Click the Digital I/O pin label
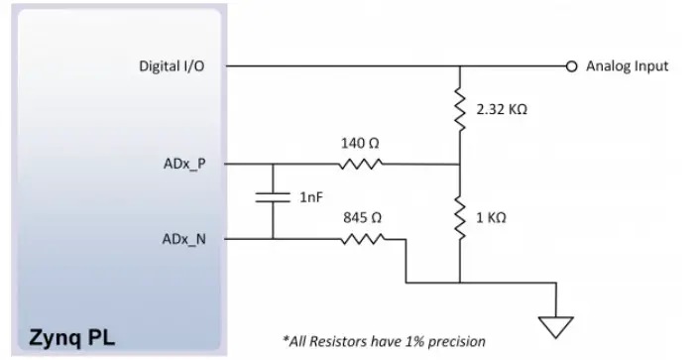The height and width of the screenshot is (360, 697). coord(174,66)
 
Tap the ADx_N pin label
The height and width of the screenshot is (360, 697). coord(184,239)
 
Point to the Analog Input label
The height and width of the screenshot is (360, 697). coord(627,66)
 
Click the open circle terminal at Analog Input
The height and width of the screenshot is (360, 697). coord(571,66)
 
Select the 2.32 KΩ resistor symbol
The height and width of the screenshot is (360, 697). coord(461,111)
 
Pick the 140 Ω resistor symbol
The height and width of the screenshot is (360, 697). coord(361,164)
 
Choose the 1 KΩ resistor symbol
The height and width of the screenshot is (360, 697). coord(461,218)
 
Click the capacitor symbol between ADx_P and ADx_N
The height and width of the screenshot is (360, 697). coord(272,197)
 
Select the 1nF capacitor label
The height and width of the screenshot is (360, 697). coord(310,197)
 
